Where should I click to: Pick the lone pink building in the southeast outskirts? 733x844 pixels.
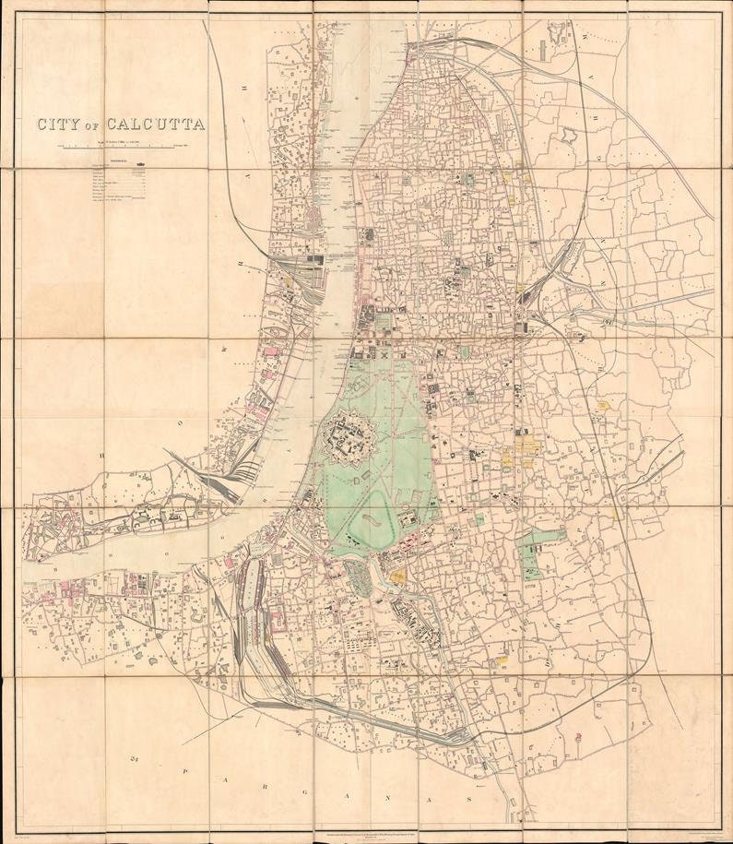point(578,737)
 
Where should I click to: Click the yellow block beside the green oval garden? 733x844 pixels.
point(398,576)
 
